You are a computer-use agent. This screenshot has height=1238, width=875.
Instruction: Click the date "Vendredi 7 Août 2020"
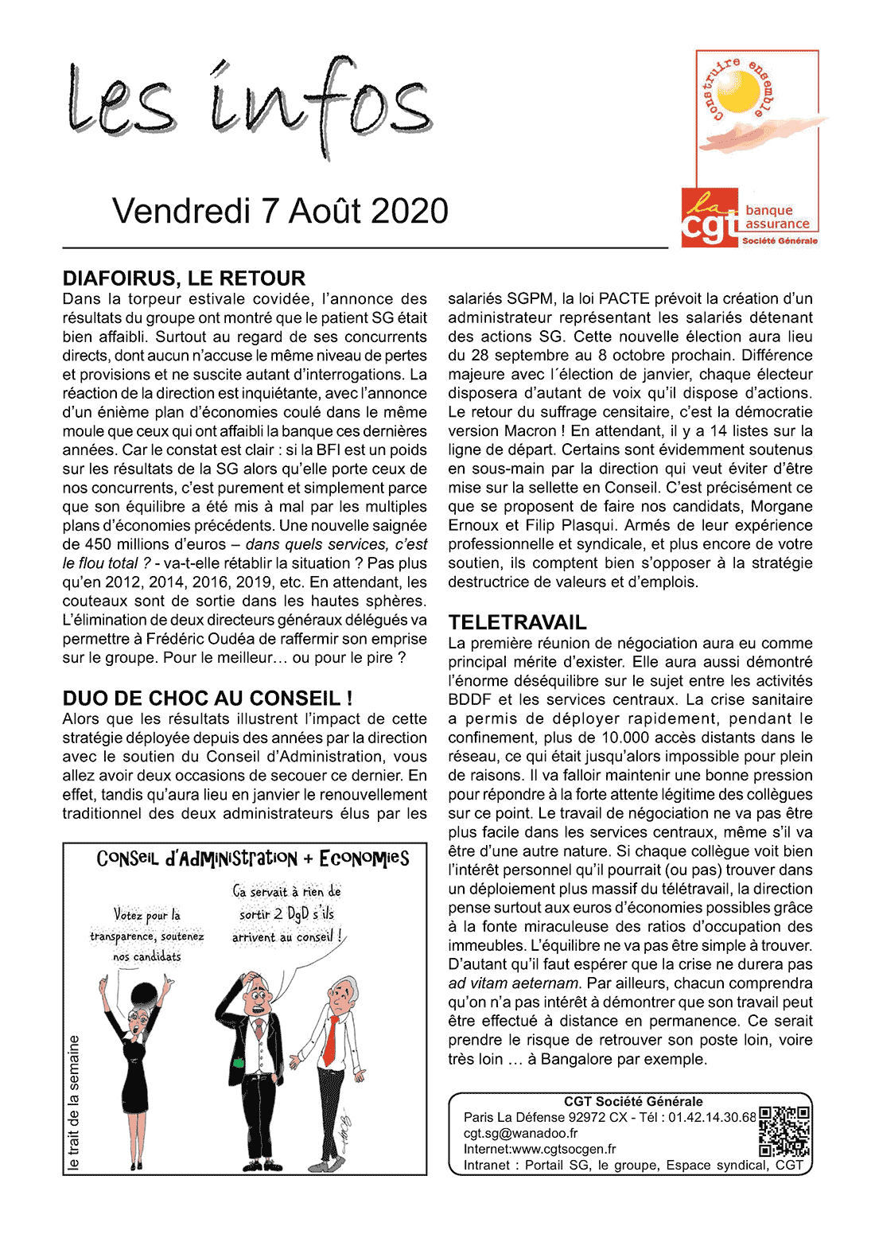280,212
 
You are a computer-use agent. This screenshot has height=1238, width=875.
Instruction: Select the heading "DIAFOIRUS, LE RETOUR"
184,278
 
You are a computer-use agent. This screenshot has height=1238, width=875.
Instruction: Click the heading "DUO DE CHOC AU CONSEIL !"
208,699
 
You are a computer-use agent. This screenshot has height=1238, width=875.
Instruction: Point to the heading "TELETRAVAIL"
517,622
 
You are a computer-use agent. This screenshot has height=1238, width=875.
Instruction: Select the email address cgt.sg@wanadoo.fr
521,1133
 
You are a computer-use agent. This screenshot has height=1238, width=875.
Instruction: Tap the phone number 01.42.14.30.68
712,1117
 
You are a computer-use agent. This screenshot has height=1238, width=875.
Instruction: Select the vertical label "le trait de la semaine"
74,1102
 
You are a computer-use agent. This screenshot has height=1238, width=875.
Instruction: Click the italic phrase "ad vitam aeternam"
514,983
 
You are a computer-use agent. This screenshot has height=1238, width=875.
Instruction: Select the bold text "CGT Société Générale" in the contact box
633,1101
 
